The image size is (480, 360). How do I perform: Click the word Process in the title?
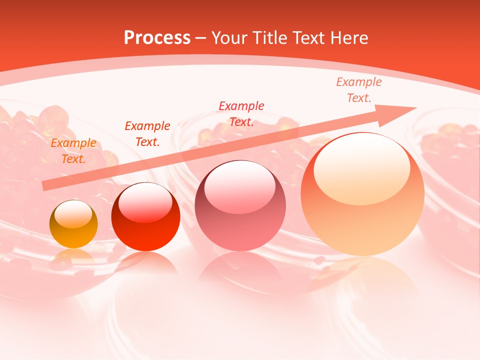157,38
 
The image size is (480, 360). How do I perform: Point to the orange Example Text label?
73,151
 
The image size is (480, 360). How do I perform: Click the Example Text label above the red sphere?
147,134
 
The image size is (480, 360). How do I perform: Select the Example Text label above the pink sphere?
241,114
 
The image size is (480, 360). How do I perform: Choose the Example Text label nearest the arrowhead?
359,90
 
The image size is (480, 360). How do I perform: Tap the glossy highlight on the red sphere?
145,201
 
